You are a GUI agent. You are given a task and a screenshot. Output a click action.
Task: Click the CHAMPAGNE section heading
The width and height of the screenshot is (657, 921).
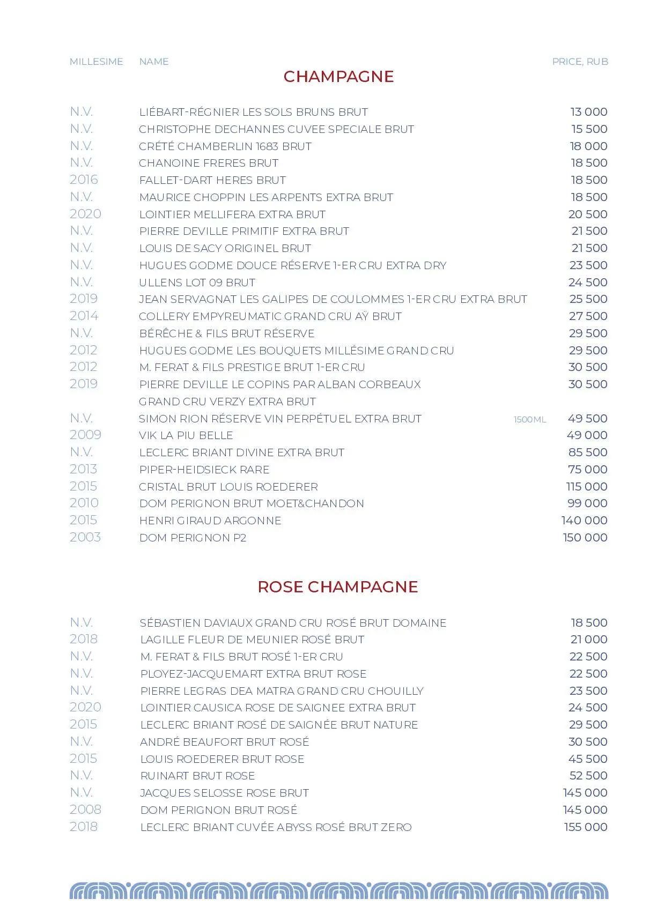pos(338,77)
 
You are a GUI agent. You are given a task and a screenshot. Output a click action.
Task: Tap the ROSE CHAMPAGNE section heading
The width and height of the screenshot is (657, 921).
pos(337,586)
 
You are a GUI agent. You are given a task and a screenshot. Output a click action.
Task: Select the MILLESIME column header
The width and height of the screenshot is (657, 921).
pos(97,62)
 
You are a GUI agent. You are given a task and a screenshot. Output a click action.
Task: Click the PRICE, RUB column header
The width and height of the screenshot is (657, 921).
pos(580,62)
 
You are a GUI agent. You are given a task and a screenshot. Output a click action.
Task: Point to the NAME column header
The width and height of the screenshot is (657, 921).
pos(154,62)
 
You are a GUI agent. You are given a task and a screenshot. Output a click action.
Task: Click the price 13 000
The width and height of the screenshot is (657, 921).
pos(588,112)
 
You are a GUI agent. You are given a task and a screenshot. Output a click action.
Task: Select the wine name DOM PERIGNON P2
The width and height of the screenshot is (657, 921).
pos(193,538)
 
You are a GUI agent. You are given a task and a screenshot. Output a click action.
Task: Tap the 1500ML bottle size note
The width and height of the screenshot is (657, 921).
pos(529,419)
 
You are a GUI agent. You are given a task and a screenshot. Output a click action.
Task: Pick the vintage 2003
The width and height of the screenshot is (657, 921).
pos(85,537)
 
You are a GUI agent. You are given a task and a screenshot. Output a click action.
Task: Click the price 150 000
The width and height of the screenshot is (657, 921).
pos(585,538)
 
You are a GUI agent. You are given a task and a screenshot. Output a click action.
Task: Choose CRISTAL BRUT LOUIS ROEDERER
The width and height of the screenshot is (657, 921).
pos(228,487)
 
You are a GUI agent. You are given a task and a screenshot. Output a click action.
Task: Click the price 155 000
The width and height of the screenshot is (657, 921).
pos(585,827)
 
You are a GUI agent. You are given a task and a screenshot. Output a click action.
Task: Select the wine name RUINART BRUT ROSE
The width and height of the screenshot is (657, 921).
pos(197,776)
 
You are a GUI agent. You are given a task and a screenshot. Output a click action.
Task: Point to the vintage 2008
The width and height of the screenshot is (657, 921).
pos(85,809)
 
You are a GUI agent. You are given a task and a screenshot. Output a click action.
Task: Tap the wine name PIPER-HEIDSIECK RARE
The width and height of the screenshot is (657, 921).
pos(204,470)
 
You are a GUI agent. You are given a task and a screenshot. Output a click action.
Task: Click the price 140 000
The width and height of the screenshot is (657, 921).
pos(584,521)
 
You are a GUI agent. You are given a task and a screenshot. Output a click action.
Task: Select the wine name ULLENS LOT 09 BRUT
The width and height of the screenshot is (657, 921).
pos(197,283)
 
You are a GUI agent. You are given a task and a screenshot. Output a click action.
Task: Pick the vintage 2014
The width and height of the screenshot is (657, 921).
pos(84,316)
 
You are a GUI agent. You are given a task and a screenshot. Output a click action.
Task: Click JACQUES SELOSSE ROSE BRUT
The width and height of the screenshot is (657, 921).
pos(224,793)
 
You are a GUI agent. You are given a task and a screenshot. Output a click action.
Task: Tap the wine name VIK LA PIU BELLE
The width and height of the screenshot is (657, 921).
pos(186,435)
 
